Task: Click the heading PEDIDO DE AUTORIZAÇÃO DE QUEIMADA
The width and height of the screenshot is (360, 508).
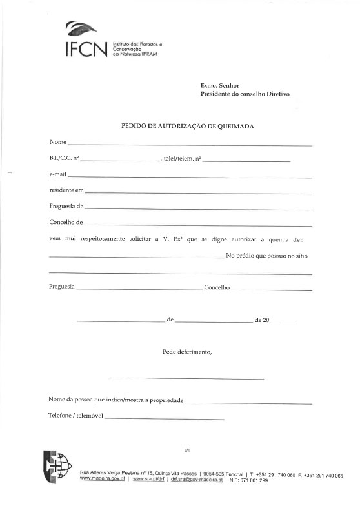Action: [187, 126]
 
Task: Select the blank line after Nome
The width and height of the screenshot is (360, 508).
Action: [190, 143]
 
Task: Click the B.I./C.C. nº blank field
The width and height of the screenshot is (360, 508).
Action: [120, 159]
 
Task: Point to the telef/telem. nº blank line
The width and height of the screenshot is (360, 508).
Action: [246, 159]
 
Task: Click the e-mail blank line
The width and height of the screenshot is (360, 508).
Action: [190, 176]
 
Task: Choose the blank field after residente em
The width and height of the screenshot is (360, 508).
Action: [199, 192]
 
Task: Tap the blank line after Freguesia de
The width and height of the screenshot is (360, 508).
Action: [198, 208]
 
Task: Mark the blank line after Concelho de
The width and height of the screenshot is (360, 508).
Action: [198, 225]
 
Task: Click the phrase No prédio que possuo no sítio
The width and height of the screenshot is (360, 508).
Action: [267, 256]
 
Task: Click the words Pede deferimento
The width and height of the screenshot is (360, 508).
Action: [187, 352]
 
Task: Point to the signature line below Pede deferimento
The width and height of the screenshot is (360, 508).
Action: [187, 378]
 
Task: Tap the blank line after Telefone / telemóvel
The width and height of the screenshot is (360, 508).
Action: [164, 420]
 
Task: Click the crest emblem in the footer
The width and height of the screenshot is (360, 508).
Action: [55, 466]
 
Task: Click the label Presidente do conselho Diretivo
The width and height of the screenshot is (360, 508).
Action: [245, 94]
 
